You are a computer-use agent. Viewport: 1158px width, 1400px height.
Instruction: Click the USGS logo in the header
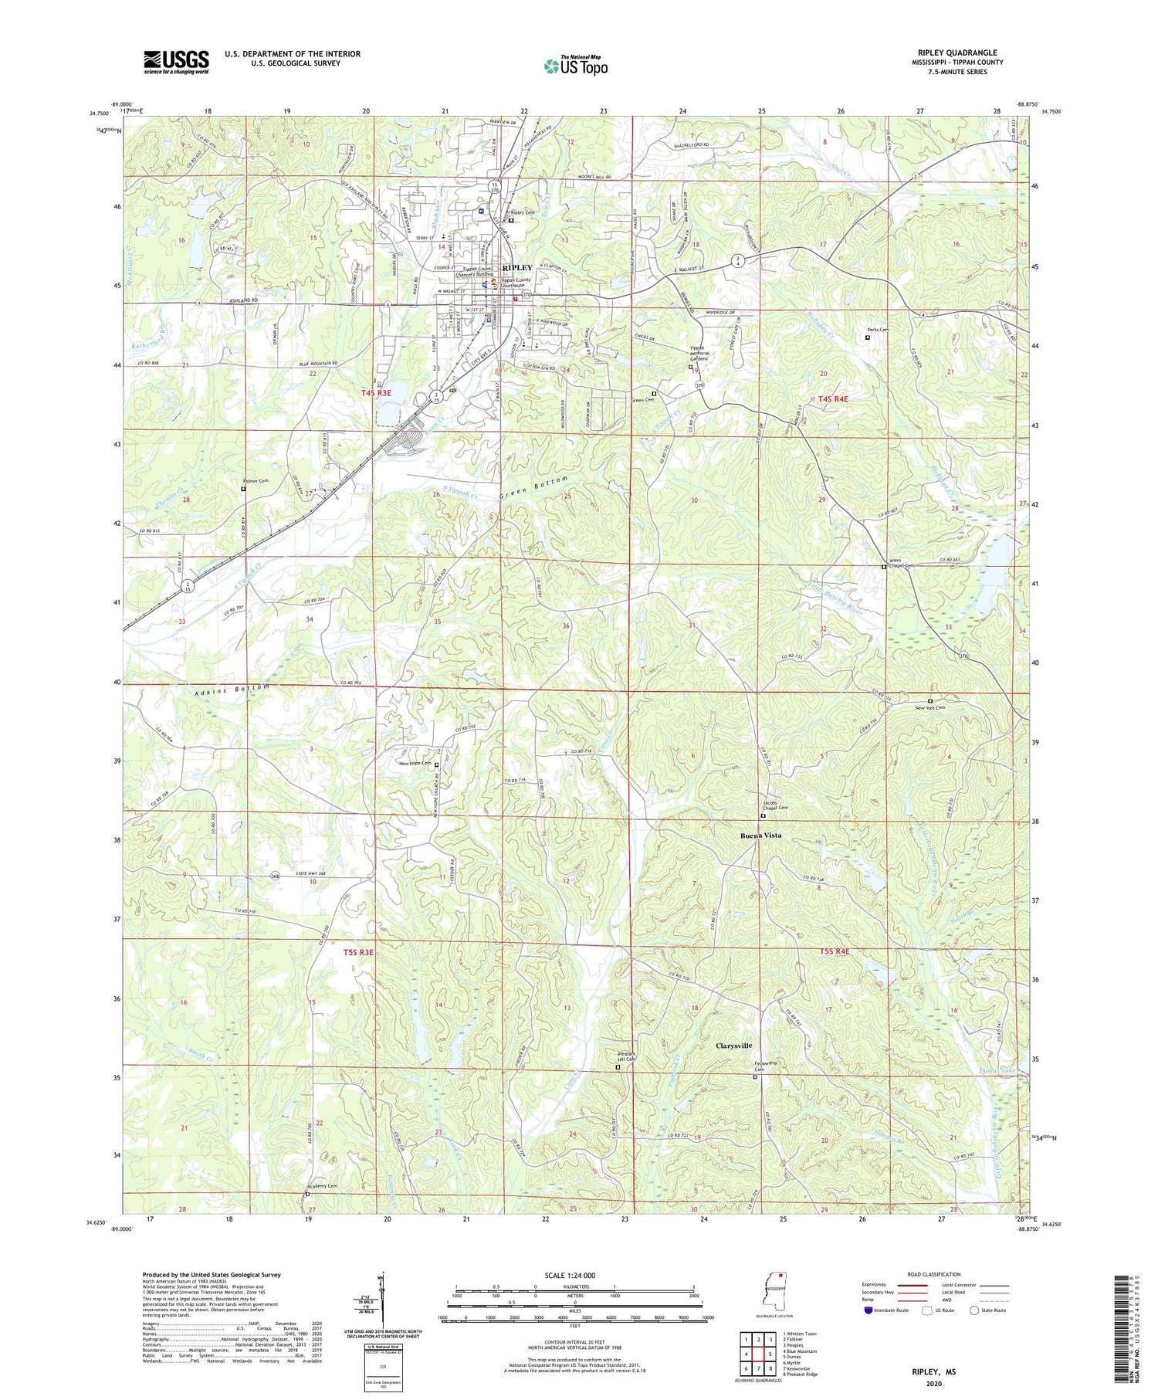pos(176,62)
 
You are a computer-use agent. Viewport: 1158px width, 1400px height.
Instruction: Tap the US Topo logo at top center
pos(575,66)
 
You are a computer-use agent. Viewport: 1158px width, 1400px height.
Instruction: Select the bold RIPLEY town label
pos(517,267)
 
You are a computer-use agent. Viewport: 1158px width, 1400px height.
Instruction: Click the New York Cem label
pos(930,707)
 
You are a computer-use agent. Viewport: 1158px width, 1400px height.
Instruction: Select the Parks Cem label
pos(878,330)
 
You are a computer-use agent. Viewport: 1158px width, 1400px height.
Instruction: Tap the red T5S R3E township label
pos(358,952)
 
